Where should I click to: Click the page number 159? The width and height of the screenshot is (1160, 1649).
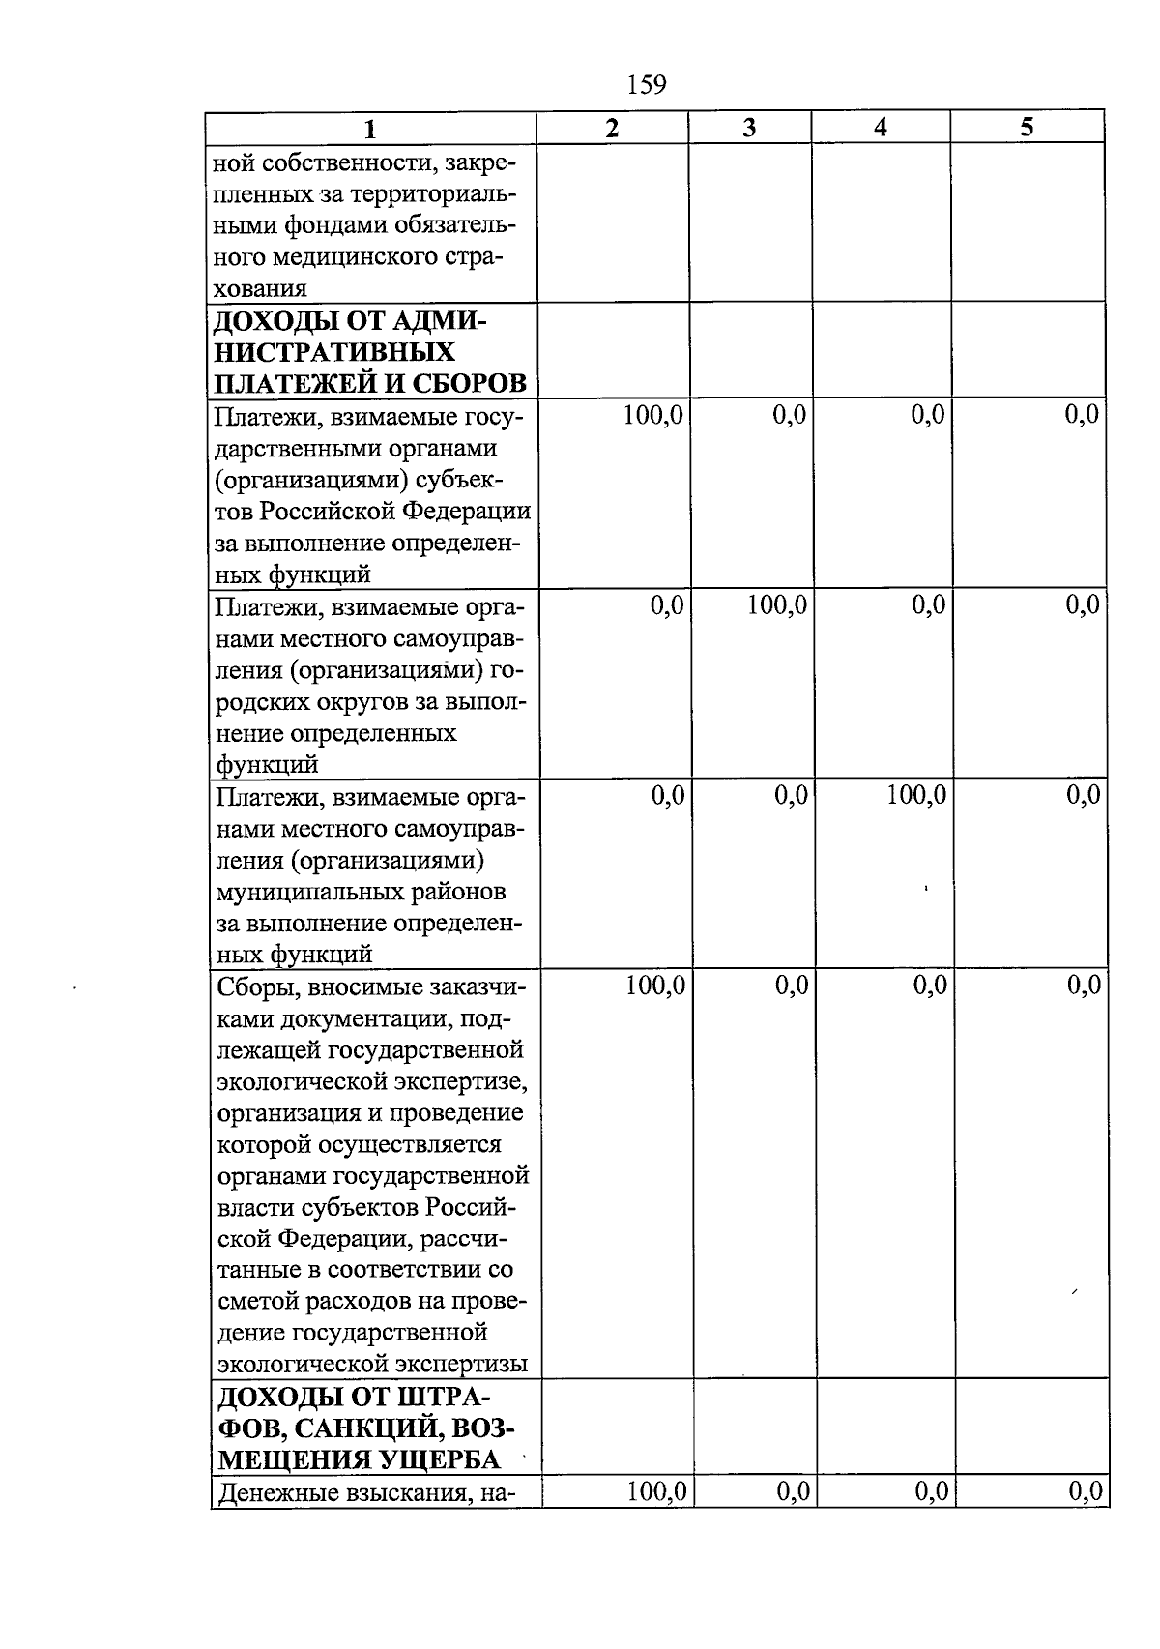coord(647,85)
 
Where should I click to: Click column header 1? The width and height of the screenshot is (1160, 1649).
coord(370,128)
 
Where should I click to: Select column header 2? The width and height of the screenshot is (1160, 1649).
coord(611,128)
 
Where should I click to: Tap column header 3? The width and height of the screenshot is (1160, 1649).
coord(749,128)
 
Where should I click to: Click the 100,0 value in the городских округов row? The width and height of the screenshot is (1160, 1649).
coord(777,606)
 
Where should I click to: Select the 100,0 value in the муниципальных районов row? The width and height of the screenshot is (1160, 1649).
coord(916,796)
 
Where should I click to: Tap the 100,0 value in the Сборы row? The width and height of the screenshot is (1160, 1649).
coord(655,986)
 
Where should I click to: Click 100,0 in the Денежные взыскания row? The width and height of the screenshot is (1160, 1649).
coord(656,1492)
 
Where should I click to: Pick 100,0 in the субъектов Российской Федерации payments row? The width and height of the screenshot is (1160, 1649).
coord(653,416)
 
